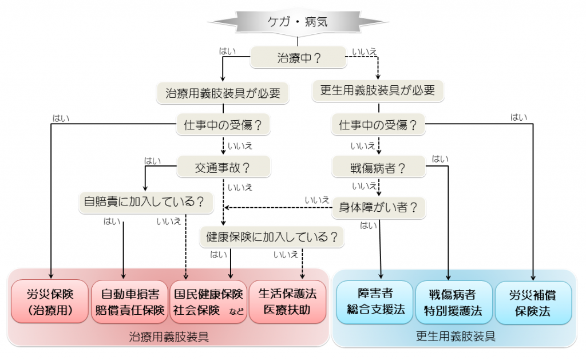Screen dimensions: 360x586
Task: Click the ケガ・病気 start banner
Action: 298,22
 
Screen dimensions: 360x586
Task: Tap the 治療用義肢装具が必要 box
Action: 222,93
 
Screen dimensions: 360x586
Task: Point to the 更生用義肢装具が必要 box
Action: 378,90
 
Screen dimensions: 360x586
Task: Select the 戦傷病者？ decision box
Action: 378,168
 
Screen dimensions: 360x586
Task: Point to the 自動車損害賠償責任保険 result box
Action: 129,302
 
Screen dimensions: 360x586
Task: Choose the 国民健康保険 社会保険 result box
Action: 208,302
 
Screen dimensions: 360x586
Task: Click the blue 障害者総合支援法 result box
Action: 375,302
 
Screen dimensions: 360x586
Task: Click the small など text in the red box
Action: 236,312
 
